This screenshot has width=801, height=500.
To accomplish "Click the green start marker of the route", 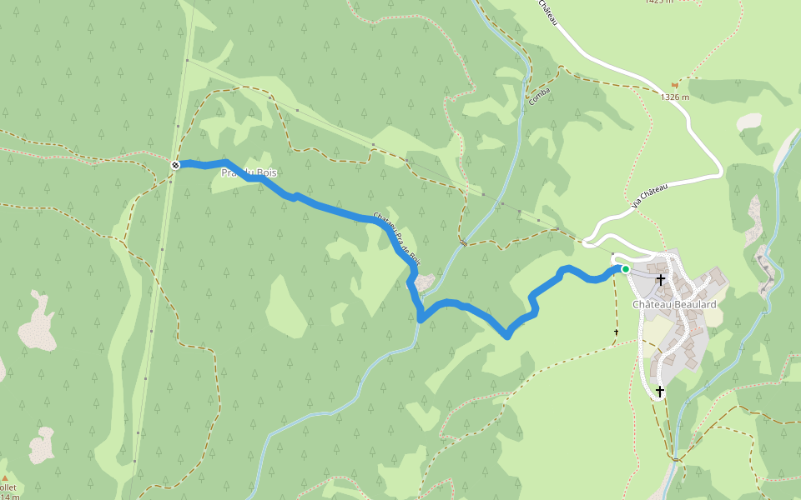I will [625, 269].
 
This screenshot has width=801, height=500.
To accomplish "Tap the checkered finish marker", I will [175, 165].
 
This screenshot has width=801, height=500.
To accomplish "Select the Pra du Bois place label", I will [248, 173].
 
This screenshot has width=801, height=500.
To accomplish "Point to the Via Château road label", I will [650, 195].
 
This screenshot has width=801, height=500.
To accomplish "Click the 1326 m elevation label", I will [675, 97].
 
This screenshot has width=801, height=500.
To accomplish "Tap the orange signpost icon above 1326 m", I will [675, 85].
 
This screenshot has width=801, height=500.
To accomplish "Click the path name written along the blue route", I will [397, 237].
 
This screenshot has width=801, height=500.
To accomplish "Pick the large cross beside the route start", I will [660, 280].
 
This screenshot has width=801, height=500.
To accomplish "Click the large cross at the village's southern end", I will [659, 391].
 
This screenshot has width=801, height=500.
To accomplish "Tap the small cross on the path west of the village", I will [617, 333].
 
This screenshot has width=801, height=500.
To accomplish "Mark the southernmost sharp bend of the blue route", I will [506, 335].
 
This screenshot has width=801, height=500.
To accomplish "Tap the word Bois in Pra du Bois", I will [266, 173].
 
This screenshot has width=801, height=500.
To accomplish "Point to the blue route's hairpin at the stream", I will [421, 317].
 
